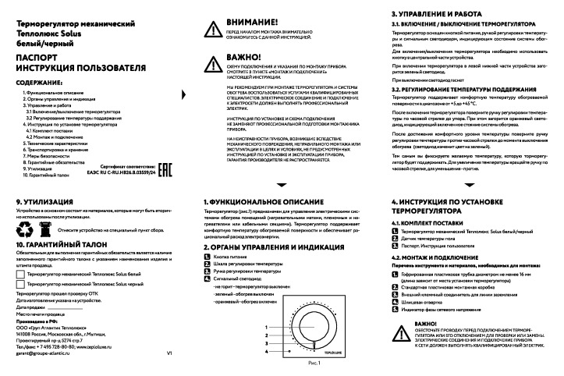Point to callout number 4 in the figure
click(x=268, y=353)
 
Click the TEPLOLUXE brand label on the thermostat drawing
click(x=330, y=353)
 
